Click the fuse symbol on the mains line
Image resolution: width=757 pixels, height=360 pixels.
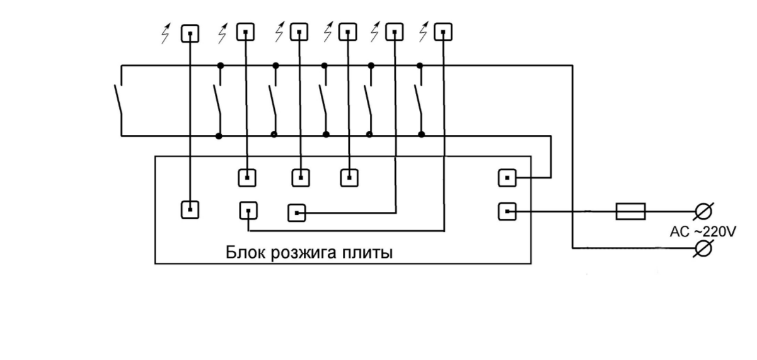click(630, 212)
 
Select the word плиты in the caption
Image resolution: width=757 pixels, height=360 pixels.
click(370, 253)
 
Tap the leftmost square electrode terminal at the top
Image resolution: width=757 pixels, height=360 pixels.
click(190, 33)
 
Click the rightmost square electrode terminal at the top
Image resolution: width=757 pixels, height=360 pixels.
click(444, 32)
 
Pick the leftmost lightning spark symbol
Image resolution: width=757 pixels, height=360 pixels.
click(166, 33)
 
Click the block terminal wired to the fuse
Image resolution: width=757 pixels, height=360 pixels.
click(507, 212)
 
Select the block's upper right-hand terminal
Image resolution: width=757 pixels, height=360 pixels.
click(507, 178)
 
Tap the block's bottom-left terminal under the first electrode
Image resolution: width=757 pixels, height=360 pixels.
click(190, 209)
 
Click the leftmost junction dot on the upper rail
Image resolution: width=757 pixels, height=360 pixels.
click(220, 65)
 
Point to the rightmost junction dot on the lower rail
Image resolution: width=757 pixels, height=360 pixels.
click(421, 134)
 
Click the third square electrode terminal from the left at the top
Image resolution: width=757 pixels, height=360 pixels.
click(299, 32)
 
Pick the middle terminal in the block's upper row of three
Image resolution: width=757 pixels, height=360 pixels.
click(300, 178)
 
